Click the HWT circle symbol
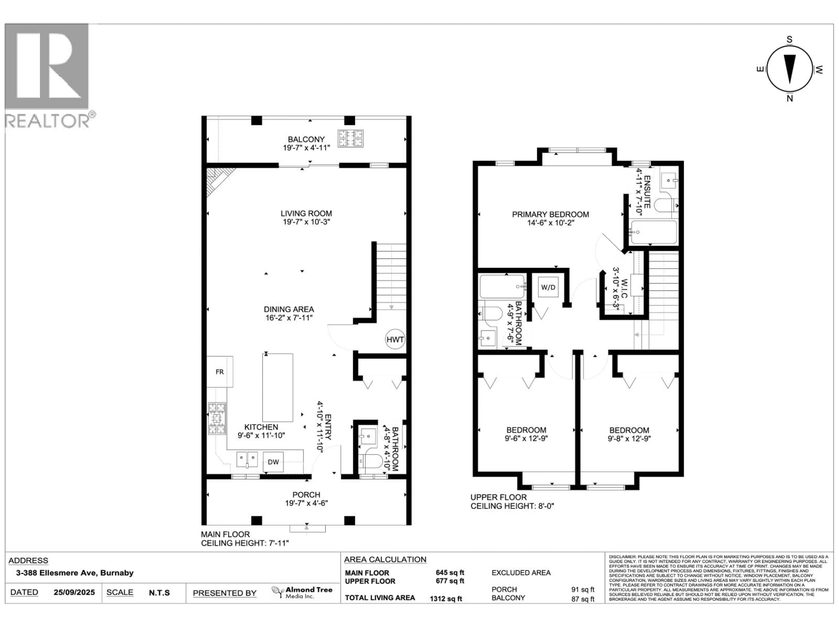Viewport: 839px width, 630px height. coord(395,339)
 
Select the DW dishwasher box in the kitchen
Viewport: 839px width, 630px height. coord(273,462)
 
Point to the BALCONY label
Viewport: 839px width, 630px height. coord(306,139)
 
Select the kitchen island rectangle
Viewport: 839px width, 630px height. coord(278,387)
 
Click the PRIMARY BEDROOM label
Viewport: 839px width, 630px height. coord(550,215)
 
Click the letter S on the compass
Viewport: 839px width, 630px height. coord(790,40)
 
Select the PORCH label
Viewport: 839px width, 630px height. coord(306,495)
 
